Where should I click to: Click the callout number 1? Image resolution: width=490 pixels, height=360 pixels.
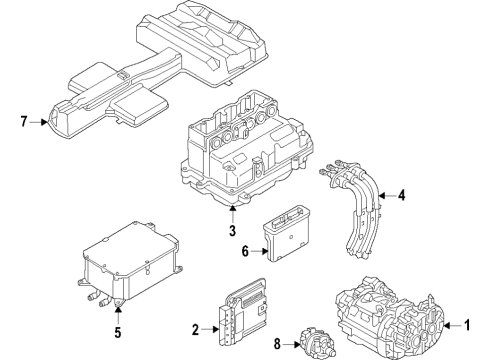467,325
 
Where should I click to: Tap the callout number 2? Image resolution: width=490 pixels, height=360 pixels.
195,329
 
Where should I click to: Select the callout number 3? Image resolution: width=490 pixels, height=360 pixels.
232,231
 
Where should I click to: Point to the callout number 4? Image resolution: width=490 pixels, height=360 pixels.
402,195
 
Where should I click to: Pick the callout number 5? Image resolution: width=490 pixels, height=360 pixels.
118,332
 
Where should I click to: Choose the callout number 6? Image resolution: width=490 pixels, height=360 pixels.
245,251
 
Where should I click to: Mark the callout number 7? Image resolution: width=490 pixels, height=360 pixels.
23,122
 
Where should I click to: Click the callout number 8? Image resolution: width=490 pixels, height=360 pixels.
277,344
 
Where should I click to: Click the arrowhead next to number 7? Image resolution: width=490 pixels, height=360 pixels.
45,122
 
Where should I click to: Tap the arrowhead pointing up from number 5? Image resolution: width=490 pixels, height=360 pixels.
118,310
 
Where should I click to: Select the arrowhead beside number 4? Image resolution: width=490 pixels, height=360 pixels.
382,196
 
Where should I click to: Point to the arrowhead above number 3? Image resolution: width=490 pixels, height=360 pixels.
232,208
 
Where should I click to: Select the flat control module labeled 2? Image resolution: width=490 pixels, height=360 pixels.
242,311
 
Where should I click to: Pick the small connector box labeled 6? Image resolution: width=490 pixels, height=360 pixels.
287,233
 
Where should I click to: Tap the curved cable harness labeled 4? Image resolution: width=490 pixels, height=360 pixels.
357,207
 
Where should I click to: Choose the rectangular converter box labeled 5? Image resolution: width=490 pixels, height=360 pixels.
130,263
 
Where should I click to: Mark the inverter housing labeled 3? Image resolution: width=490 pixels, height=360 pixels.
247,150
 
